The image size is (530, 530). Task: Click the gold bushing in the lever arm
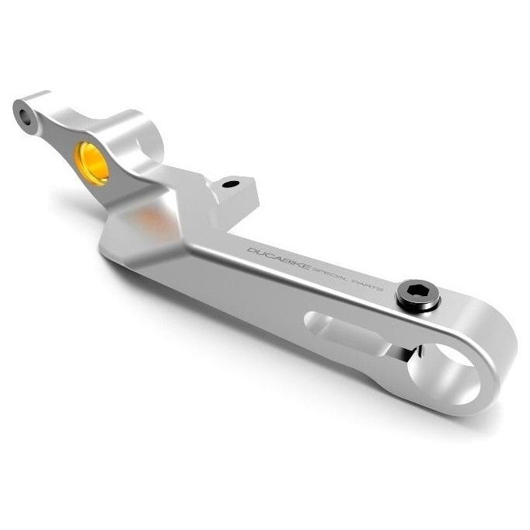[x=92, y=163]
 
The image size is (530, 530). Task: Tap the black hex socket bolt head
[x=418, y=294]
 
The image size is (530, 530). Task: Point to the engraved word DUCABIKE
[x=279, y=258]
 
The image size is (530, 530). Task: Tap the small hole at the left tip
[x=26, y=116]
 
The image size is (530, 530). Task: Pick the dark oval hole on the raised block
[x=232, y=184]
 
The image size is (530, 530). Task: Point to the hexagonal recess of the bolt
[x=416, y=291]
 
